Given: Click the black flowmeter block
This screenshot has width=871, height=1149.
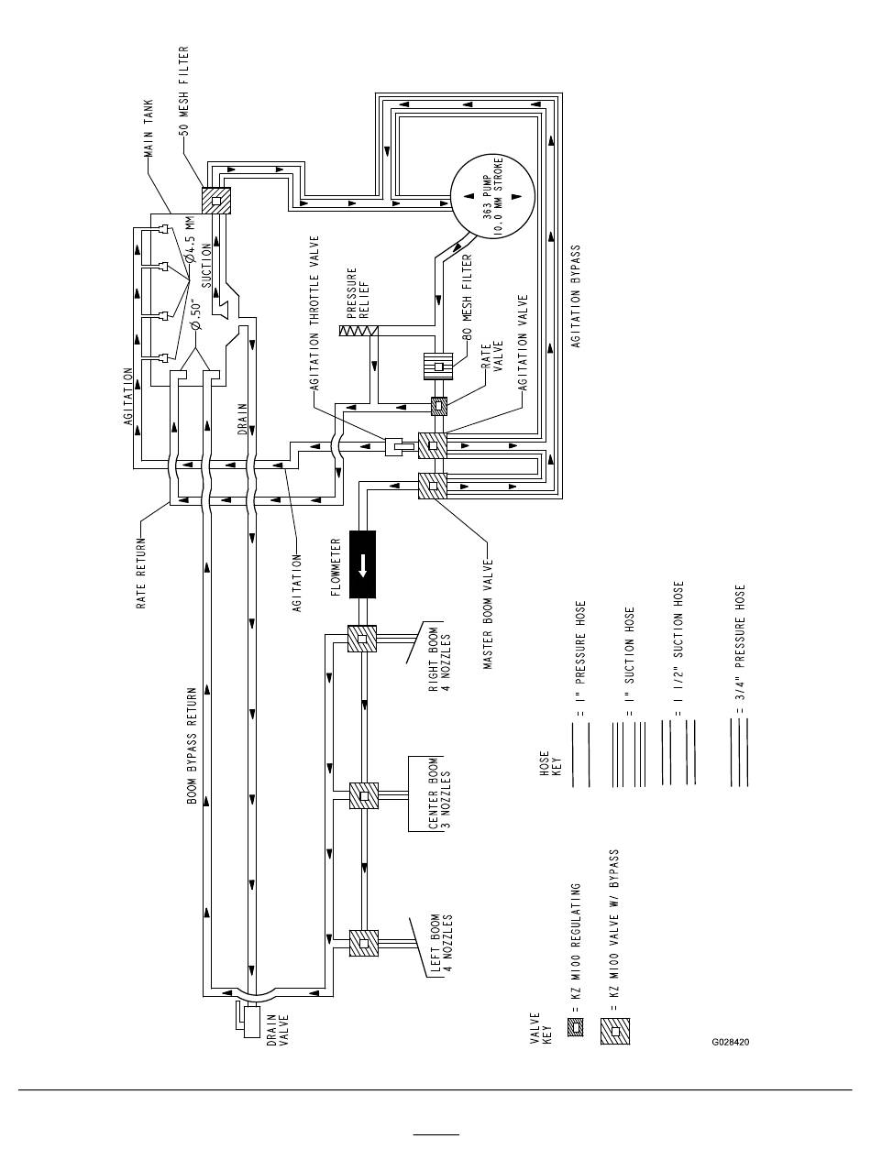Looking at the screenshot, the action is (x=362, y=564).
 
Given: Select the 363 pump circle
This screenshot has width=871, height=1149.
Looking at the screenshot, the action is (x=493, y=196).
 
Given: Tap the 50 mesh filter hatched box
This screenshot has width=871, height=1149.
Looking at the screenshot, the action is (x=216, y=201).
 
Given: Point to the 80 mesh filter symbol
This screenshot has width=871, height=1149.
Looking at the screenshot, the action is (x=438, y=366).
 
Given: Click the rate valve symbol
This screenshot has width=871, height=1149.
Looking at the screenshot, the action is (x=439, y=406).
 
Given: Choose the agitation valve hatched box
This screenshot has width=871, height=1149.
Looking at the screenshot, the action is (x=433, y=445).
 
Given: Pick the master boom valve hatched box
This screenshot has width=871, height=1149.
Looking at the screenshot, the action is (x=433, y=486).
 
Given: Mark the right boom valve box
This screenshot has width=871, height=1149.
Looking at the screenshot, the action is (x=362, y=639).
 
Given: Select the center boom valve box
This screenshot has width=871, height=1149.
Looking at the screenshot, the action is (x=364, y=796).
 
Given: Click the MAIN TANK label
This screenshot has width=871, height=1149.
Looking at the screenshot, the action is (x=149, y=128).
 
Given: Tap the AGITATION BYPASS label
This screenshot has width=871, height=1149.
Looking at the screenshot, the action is (x=576, y=297).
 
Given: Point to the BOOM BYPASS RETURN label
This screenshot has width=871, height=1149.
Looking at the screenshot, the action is (x=193, y=746).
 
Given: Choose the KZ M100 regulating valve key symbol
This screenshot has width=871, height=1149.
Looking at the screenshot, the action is (x=576, y=1027).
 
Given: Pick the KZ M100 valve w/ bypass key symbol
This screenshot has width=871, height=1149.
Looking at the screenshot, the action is (x=615, y=1032).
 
